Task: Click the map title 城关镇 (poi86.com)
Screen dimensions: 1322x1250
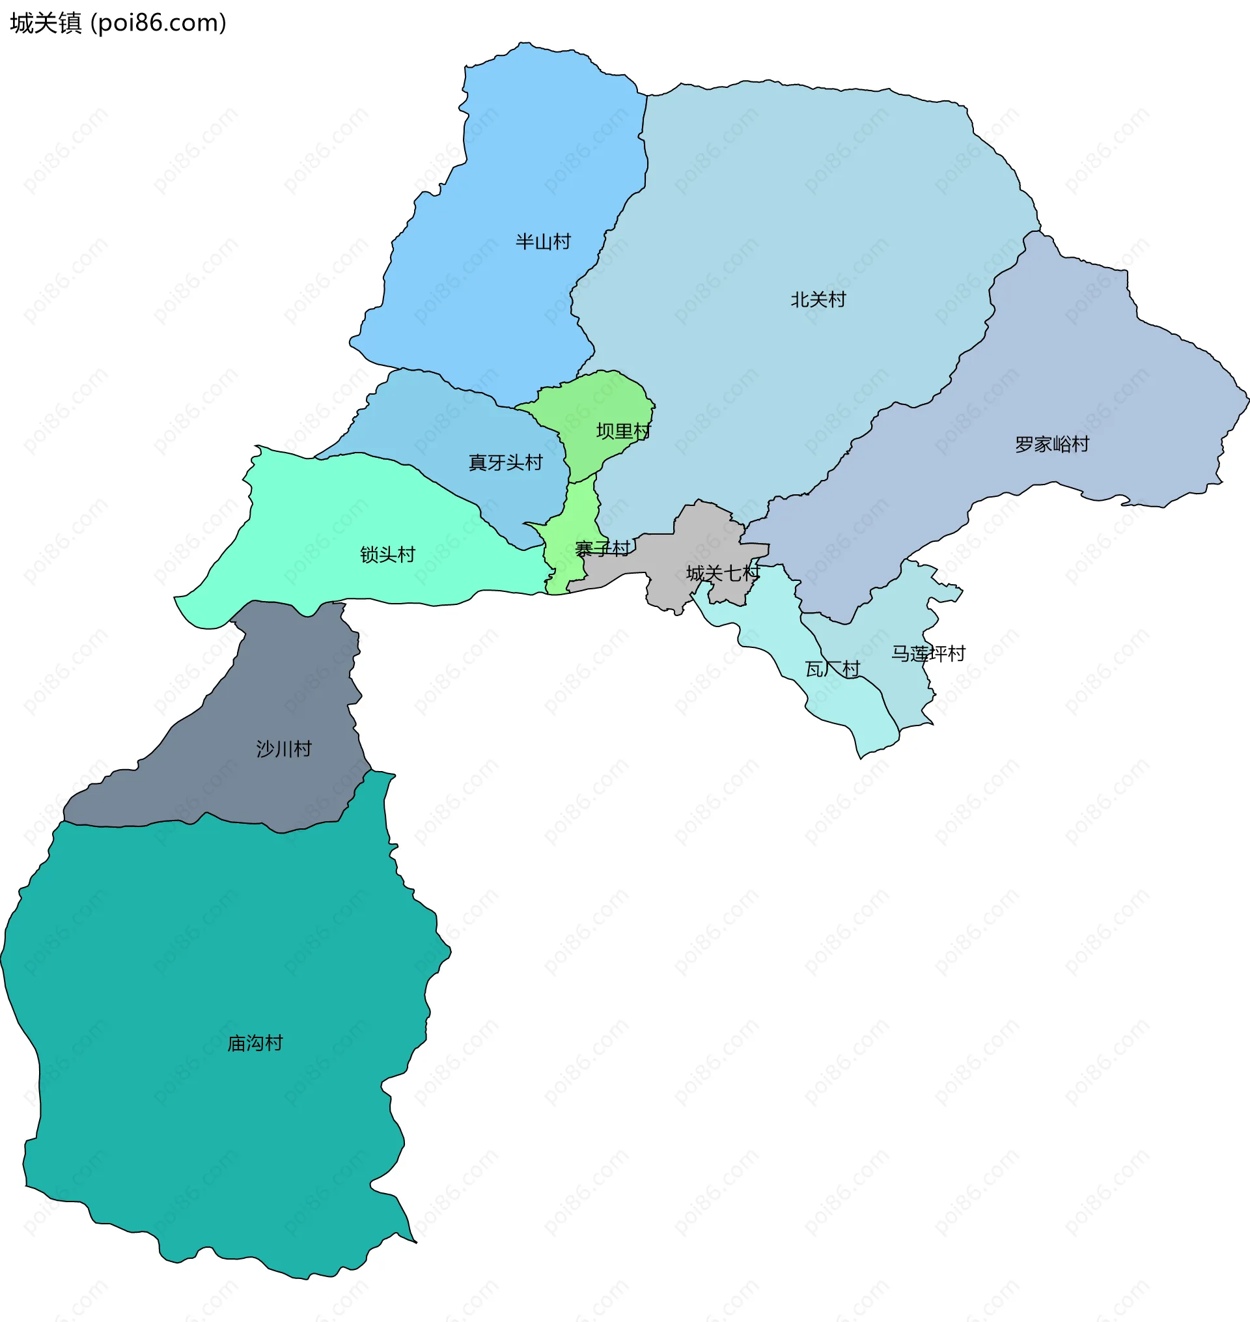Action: (118, 23)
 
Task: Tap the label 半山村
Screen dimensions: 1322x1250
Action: (543, 241)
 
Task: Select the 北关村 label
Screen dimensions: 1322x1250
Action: (818, 300)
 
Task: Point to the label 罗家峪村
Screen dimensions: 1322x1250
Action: (1051, 444)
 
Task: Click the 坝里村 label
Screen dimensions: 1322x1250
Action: (623, 431)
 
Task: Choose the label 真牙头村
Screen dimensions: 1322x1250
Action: (505, 462)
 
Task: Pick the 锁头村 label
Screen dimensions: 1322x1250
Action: (387, 554)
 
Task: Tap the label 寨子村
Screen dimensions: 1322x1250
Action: (602, 549)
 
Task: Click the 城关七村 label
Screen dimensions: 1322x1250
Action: (723, 573)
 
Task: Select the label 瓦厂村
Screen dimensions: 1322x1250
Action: (832, 669)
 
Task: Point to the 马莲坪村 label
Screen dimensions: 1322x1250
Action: (928, 654)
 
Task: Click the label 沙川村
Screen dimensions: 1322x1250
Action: (284, 749)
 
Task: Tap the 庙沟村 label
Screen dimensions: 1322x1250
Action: (255, 1043)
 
